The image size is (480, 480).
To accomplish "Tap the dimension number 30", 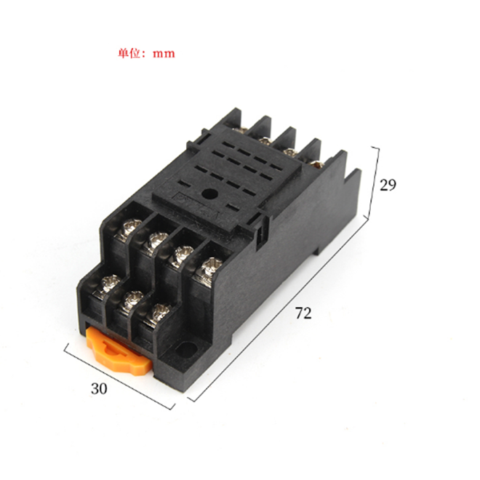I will pos(99,388).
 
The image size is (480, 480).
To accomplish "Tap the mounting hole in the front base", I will pos(191,350).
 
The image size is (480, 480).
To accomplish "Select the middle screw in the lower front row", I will pos(133,297).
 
